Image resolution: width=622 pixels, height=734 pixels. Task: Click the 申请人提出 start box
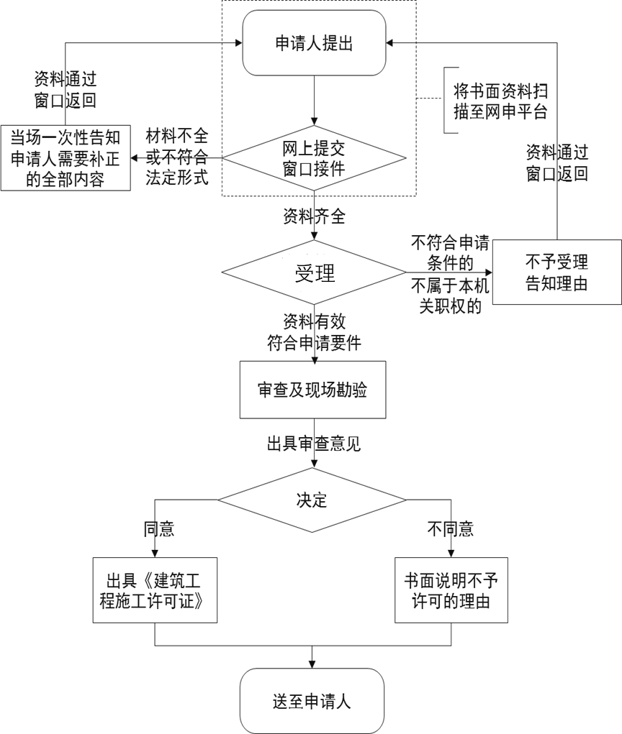(x=314, y=43)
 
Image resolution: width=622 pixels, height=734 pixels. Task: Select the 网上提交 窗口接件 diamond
(x=314, y=158)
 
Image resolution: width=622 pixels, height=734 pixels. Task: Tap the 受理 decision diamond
(x=314, y=272)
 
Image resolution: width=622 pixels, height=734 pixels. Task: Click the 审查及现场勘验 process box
(x=312, y=390)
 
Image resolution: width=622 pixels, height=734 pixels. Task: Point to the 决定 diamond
(x=312, y=500)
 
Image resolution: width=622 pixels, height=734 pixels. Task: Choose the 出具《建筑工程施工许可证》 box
(x=155, y=590)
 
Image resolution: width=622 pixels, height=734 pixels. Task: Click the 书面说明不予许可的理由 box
(x=451, y=590)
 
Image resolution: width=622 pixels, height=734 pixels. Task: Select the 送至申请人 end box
(x=312, y=701)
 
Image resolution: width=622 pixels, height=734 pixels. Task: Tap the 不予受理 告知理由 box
(x=556, y=272)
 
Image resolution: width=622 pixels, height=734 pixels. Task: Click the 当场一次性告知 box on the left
(x=66, y=157)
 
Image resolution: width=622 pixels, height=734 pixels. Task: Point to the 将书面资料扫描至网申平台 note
(x=500, y=101)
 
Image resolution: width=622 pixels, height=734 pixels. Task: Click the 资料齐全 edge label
(x=315, y=216)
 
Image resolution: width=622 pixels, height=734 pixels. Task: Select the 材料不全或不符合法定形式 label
(x=176, y=157)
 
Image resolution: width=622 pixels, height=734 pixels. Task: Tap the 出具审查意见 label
(x=314, y=444)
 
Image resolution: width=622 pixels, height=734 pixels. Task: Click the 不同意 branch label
(x=451, y=529)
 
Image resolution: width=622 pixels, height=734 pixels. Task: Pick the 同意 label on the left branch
(x=159, y=529)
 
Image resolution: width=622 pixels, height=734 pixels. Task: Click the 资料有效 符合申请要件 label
(x=314, y=332)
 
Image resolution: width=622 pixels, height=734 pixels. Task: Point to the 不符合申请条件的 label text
(x=450, y=253)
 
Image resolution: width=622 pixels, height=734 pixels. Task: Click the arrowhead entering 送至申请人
(x=312, y=664)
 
